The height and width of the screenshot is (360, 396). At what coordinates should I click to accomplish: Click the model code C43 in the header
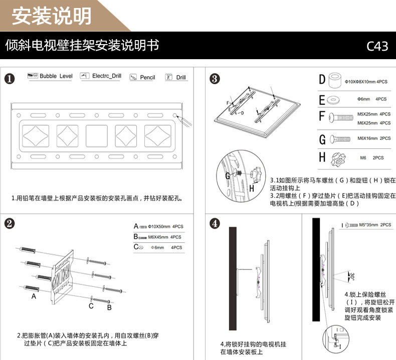pos(377,46)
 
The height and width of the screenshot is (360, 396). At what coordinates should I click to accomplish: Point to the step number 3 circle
pos(214,78)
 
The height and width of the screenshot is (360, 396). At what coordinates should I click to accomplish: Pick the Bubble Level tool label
pos(56,76)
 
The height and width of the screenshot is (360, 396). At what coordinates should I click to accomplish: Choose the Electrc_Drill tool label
pos(106,76)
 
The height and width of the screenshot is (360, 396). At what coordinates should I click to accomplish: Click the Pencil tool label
pos(147,77)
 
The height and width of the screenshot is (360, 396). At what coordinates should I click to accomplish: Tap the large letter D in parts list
pos(322,80)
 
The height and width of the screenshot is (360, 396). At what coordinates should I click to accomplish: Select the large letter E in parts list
pos(322,99)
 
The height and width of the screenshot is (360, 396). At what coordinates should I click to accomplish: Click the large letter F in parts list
pos(322,117)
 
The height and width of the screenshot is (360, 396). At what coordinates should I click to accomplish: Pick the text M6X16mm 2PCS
pos(373,138)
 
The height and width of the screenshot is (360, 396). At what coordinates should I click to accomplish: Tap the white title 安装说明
pos(52,16)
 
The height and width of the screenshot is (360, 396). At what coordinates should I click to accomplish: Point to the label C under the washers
pos(91,305)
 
